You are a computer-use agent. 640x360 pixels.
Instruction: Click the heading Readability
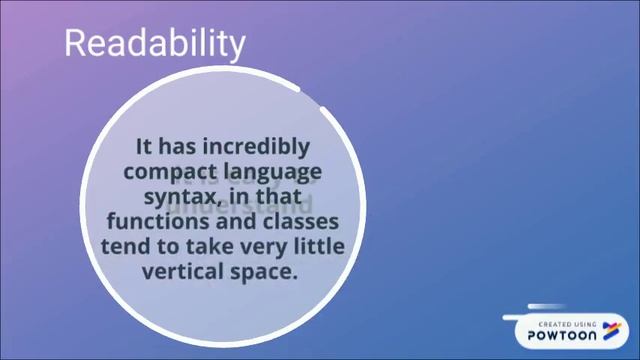[154, 43]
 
